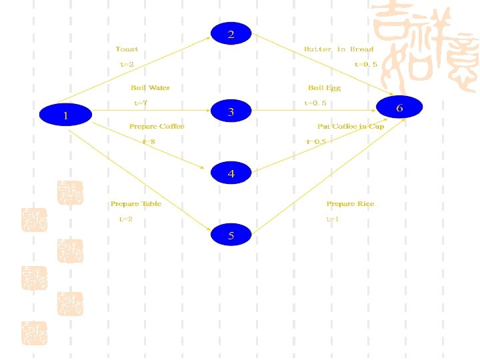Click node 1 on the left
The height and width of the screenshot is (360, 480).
[x=65, y=115]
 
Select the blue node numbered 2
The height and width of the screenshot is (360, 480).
[x=231, y=34]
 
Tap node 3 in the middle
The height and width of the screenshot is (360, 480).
[x=231, y=111]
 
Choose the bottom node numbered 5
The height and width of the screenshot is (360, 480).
[x=231, y=235]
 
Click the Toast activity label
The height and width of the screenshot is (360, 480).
[x=127, y=49]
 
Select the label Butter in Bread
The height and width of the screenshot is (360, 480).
[x=339, y=49]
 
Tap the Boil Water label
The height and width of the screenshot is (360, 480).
[x=150, y=87]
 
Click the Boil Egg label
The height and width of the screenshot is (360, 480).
[x=324, y=87]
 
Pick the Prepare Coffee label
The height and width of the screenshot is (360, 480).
[x=157, y=126]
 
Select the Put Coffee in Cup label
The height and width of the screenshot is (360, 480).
[x=351, y=126]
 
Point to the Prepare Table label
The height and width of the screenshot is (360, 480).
[x=136, y=203]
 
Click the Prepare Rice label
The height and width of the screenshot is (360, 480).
[x=350, y=203]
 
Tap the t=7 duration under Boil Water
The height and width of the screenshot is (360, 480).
[x=141, y=103]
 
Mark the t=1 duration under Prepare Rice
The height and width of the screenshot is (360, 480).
[x=333, y=219]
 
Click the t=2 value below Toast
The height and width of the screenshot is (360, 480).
[x=127, y=65]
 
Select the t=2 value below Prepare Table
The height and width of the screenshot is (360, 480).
[x=126, y=219]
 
